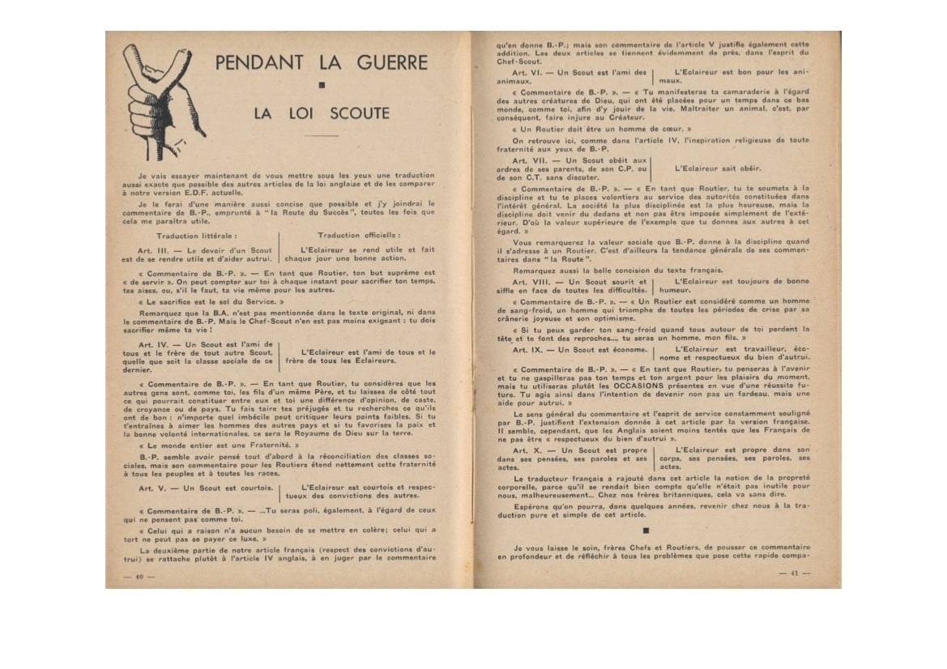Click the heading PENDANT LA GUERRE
[x=323, y=62]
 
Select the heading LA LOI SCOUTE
[x=321, y=113]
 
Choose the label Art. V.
[x=151, y=488]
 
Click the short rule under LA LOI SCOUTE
[x=321, y=135]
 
